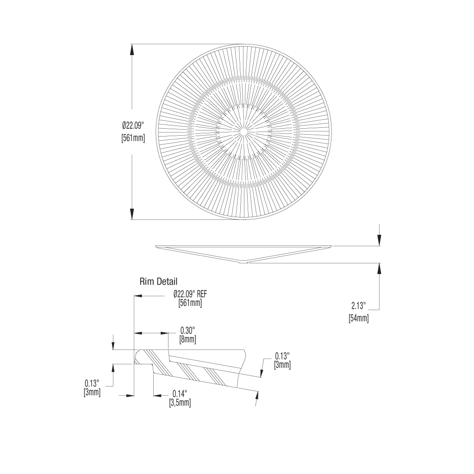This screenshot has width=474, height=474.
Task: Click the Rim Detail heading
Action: (158, 282)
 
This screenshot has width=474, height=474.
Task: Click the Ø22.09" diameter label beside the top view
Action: (133, 125)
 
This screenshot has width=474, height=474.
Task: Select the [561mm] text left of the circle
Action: (133, 138)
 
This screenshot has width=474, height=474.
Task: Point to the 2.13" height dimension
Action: (359, 306)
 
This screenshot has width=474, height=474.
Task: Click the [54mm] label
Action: (359, 318)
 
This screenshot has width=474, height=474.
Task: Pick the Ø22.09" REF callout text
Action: (190, 294)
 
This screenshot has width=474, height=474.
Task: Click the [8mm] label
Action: (188, 339)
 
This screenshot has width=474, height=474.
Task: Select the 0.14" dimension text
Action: (180, 393)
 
